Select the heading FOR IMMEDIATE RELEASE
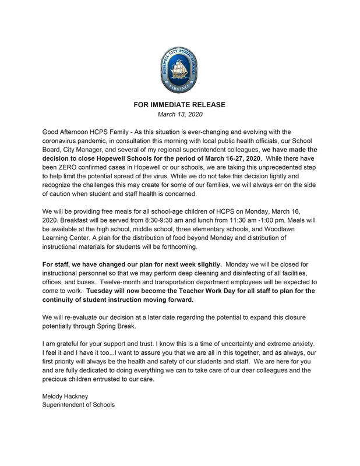tap(179, 105)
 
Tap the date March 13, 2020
tap(179, 115)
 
